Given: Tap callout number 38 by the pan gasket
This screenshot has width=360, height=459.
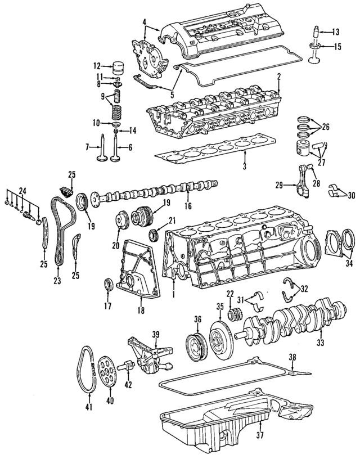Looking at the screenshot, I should pyautogui.click(x=291, y=357).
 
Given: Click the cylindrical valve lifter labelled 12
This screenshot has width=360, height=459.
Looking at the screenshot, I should pyautogui.click(x=118, y=68).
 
